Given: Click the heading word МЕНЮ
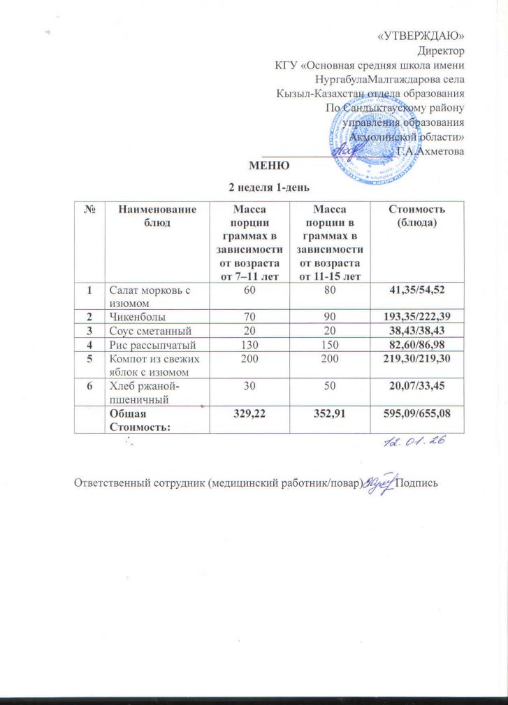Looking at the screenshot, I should pyautogui.click(x=270, y=166).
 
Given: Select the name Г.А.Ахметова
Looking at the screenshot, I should pyautogui.click(x=429, y=151).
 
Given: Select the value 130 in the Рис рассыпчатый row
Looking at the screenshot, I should pyautogui.click(x=250, y=343).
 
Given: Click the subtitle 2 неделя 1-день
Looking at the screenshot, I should pyautogui.click(x=270, y=187).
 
